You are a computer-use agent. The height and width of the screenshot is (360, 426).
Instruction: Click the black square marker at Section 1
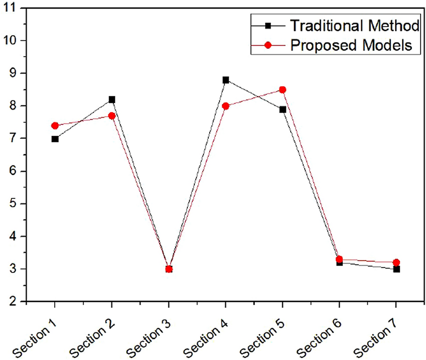point(55,139)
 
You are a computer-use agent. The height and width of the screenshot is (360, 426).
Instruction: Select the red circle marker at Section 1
point(55,126)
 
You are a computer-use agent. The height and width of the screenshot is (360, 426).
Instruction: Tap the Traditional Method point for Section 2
point(112,99)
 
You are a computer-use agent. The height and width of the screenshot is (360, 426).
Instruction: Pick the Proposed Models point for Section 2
point(112,116)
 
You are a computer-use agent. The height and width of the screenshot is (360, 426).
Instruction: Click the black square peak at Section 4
point(225,80)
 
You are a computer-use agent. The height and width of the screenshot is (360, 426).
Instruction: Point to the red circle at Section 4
point(225,106)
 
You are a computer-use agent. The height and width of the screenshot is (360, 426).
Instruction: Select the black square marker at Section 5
point(282,109)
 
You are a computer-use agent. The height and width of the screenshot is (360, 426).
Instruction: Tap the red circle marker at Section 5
point(282,90)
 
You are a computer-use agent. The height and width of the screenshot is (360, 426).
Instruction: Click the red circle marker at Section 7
point(396,262)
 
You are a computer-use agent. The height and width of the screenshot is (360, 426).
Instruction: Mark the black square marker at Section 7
point(396,269)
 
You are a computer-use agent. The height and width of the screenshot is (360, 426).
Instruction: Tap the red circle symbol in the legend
point(269,46)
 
